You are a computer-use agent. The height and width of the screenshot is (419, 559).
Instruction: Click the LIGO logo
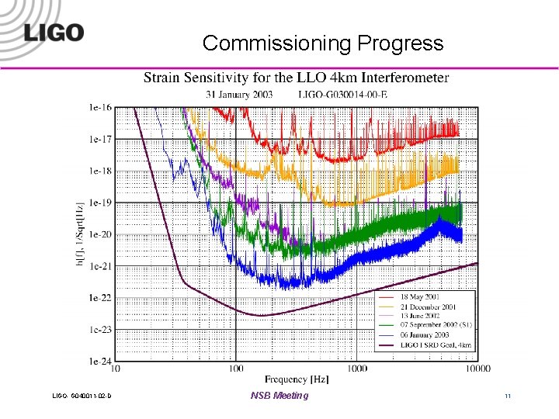pyautogui.click(x=53, y=32)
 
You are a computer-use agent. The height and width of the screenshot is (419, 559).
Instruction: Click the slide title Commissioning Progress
pyautogui.click(x=323, y=43)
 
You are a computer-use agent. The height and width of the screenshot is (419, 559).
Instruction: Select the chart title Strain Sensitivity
pyautogui.click(x=296, y=78)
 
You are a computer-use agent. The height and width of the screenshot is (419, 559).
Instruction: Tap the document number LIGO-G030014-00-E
pyautogui.click(x=342, y=94)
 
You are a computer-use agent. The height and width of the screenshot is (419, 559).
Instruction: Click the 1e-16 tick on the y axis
pyautogui.click(x=100, y=108)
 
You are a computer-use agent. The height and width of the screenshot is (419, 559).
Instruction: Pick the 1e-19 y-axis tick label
pyautogui.click(x=100, y=203)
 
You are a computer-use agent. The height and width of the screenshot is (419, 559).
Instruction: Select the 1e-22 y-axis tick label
pyautogui.click(x=100, y=298)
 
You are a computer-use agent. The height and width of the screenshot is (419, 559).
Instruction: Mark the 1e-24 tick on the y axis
pyautogui.click(x=100, y=362)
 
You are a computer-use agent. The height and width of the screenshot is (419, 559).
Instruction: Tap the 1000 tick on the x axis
pyautogui.click(x=357, y=369)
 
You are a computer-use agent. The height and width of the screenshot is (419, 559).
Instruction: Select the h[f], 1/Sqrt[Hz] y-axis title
pyautogui.click(x=79, y=234)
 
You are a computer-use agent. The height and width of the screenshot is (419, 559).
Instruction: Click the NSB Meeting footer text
pyautogui.click(x=279, y=396)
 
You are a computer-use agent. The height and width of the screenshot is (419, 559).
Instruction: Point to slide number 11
pyautogui.click(x=507, y=396)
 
